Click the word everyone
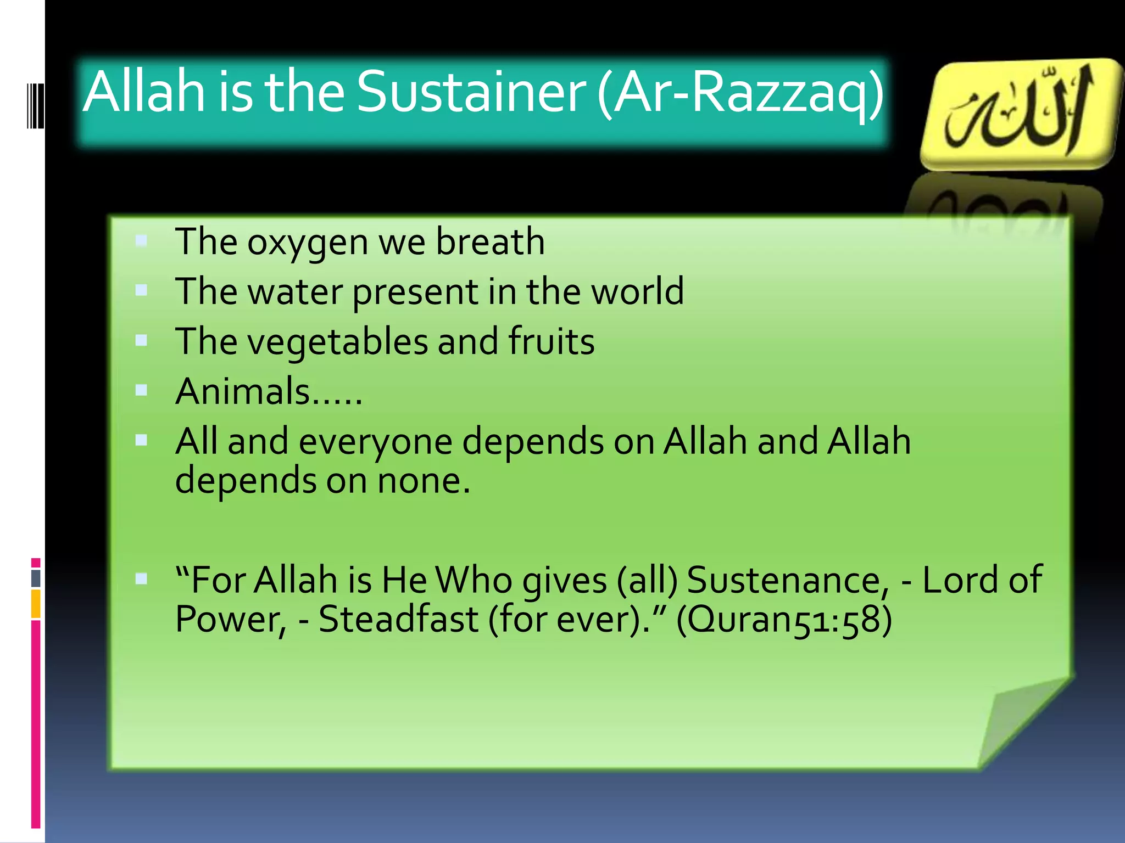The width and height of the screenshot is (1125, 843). pyautogui.click(x=375, y=441)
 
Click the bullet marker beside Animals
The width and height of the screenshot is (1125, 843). pyautogui.click(x=141, y=390)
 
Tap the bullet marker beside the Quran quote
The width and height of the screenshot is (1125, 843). pyautogui.click(x=141, y=578)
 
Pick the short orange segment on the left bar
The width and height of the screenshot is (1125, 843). pyautogui.click(x=36, y=604)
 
